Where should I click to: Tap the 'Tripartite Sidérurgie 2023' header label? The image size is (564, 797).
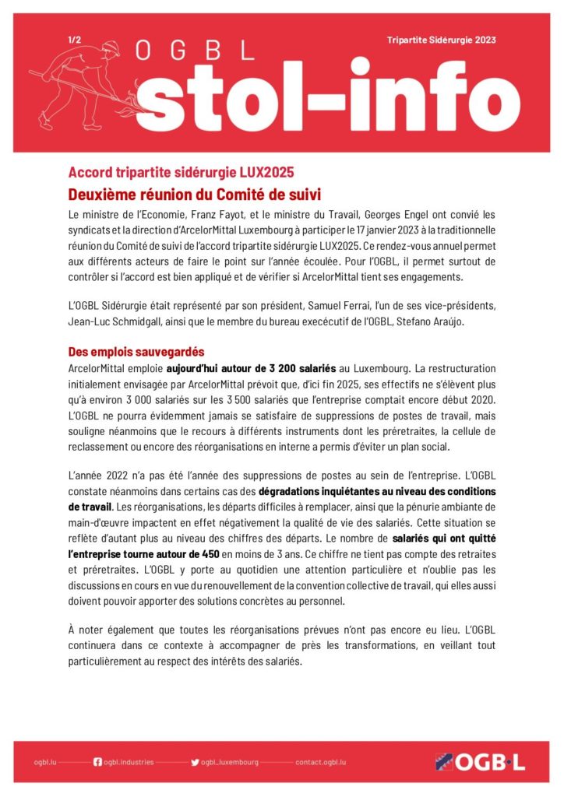click(x=441, y=40)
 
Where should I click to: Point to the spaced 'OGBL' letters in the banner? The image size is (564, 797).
click(x=195, y=51)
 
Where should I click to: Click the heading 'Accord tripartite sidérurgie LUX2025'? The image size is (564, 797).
click(x=181, y=172)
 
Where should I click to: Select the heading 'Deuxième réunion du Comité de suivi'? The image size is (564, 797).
click(x=195, y=193)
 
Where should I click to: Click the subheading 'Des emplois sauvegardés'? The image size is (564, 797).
click(x=136, y=352)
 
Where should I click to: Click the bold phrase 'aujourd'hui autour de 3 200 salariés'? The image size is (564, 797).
click(x=251, y=367)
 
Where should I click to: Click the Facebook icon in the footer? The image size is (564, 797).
click(x=97, y=762)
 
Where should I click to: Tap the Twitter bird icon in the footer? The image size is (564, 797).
click(x=195, y=762)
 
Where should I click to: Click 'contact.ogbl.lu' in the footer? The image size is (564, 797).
click(x=321, y=762)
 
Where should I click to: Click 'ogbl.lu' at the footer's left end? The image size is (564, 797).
click(x=46, y=762)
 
